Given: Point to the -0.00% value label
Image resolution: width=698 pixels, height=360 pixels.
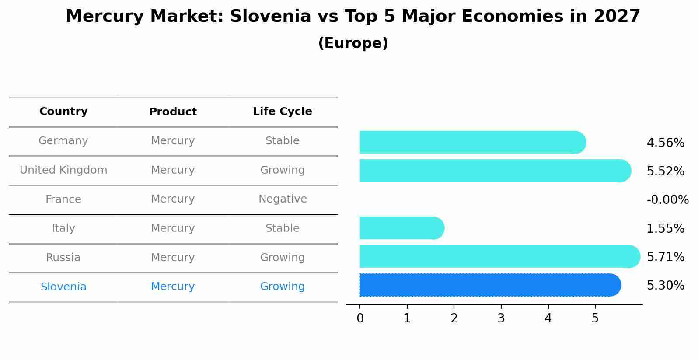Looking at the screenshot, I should pyautogui.click(x=667, y=200).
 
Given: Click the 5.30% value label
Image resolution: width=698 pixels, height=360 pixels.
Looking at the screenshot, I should pyautogui.click(x=665, y=286).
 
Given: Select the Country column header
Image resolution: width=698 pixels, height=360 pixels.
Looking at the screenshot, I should pyautogui.click(x=63, y=112).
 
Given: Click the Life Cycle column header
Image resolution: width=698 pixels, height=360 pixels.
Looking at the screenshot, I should pyautogui.click(x=282, y=112).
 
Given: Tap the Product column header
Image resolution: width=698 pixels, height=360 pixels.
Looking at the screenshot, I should pyautogui.click(x=173, y=112).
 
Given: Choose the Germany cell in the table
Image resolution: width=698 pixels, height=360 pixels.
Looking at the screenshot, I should pyautogui.click(x=63, y=141).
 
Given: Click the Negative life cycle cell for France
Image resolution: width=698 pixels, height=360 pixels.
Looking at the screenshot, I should pyautogui.click(x=282, y=199).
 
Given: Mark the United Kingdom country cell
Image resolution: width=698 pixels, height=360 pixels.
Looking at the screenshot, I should pyautogui.click(x=63, y=170).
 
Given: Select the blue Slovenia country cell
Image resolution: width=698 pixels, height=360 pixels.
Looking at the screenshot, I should pyautogui.click(x=63, y=287).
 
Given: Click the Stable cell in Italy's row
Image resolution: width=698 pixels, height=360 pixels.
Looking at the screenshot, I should pyautogui.click(x=282, y=228).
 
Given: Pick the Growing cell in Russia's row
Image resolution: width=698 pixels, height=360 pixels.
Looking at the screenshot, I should pyautogui.click(x=282, y=258).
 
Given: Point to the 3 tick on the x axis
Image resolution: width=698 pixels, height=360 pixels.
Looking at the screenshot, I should pyautogui.click(x=501, y=318).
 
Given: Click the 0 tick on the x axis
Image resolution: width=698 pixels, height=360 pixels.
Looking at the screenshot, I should pyautogui.click(x=360, y=318).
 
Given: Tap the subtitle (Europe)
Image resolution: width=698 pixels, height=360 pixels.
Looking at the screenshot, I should pyautogui.click(x=353, y=43).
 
